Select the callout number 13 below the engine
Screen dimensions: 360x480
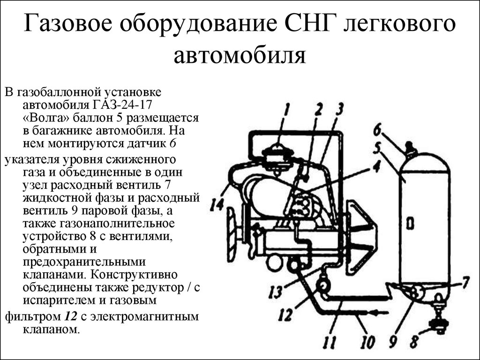point(275,292)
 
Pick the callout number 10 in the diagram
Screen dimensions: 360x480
point(366,340)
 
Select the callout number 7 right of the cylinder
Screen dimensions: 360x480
point(465,283)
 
